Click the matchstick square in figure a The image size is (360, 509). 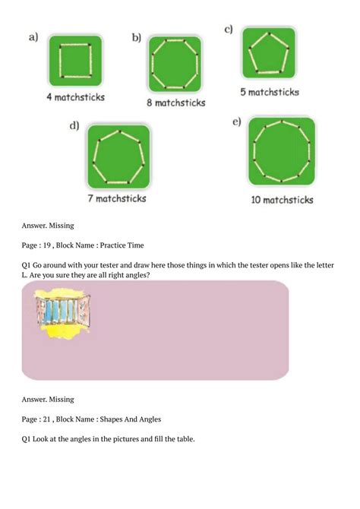pos(74,61)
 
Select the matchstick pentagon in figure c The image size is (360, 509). pos(269,54)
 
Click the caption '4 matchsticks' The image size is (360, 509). pos(75,97)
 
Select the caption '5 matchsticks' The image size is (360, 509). pos(269,92)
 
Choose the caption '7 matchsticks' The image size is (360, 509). pos(116,199)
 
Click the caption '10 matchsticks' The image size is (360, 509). pos(282,201)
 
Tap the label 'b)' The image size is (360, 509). pos(137,37)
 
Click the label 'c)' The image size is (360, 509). pos(228,30)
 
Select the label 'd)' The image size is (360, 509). pos(74,126)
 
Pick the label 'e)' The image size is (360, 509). pos(237,123)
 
